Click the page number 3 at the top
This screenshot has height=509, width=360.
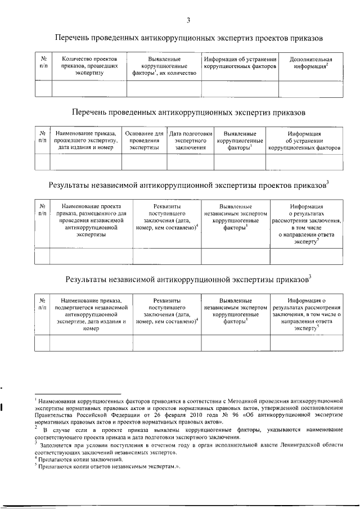(188, 21)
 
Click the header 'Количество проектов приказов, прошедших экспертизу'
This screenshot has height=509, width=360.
(89, 66)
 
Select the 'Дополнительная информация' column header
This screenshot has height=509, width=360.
(310, 63)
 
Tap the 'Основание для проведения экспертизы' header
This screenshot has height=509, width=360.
(144, 140)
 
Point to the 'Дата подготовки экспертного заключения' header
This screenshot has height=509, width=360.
(190, 140)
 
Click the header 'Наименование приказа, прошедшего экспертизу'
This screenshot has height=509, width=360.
(86, 140)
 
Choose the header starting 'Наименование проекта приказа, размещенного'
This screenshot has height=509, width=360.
(91, 221)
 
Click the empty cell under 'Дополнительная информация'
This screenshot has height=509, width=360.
(310, 89)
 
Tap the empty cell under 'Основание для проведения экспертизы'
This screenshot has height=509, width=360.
(144, 161)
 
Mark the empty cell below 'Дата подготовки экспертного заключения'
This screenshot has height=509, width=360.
(190, 161)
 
